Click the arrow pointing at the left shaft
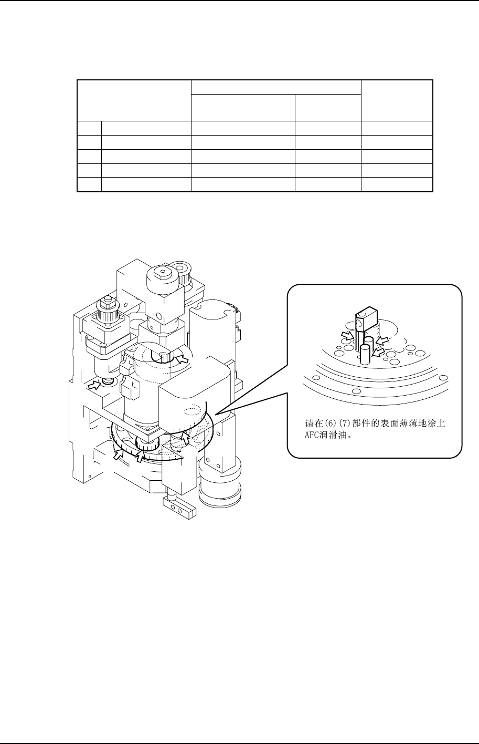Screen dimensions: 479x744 coord(94,385)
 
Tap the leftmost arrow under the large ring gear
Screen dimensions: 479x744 coord(119,454)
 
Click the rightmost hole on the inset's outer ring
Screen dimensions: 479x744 coord(444,377)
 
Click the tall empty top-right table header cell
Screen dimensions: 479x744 coord(397,100)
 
